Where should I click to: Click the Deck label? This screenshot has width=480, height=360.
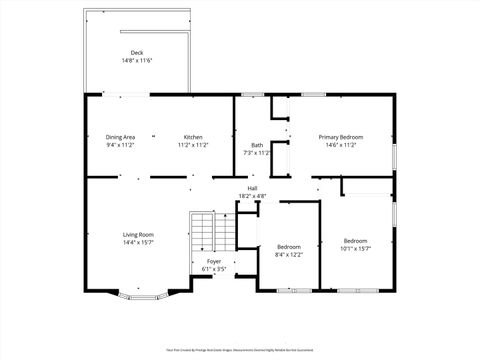pos(136,53)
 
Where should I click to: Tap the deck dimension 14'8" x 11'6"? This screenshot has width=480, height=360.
pos(136,61)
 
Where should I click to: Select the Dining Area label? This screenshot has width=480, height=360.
pos(120,137)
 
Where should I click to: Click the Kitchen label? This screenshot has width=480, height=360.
pos(193,137)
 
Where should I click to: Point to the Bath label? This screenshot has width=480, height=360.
pos(257,145)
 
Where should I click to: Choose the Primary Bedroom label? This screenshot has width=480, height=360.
pos(340,137)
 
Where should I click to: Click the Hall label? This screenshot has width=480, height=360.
pos(253,188)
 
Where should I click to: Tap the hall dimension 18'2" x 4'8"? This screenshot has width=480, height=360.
pos(253,196)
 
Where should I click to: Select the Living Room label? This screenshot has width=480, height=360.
pos(138,234)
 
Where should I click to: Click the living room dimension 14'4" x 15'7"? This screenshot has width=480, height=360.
pos(138,242)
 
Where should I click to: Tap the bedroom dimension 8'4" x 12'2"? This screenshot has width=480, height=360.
pos(288,254)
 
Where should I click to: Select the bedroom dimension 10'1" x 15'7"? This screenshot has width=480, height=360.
pos(355,248)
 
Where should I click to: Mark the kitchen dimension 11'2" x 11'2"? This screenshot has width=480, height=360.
pos(193,145)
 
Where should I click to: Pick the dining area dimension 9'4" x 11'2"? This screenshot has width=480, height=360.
pos(120,145)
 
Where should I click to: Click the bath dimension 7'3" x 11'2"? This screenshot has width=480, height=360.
pos(257,153)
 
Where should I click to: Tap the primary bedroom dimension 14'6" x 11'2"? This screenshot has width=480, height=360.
pos(340,145)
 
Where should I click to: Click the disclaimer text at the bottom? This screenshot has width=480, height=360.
pos(240,350)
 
